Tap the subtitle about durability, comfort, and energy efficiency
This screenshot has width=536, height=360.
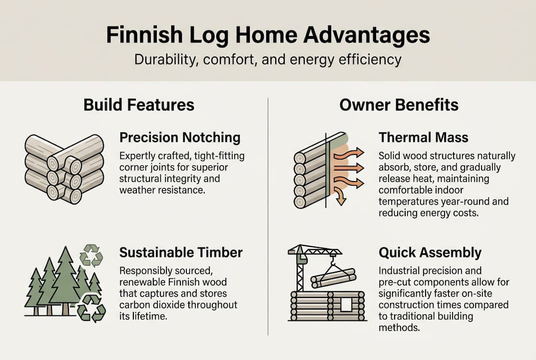tap(268, 60)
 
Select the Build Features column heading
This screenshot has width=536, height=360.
tap(139, 104)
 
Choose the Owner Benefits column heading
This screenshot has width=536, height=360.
tap(399, 104)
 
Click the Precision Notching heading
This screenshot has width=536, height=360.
tap(180, 137)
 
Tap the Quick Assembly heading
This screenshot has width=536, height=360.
tap(430, 252)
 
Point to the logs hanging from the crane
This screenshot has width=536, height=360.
tap(333, 277)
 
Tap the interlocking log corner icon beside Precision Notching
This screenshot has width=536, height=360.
tap(64, 168)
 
